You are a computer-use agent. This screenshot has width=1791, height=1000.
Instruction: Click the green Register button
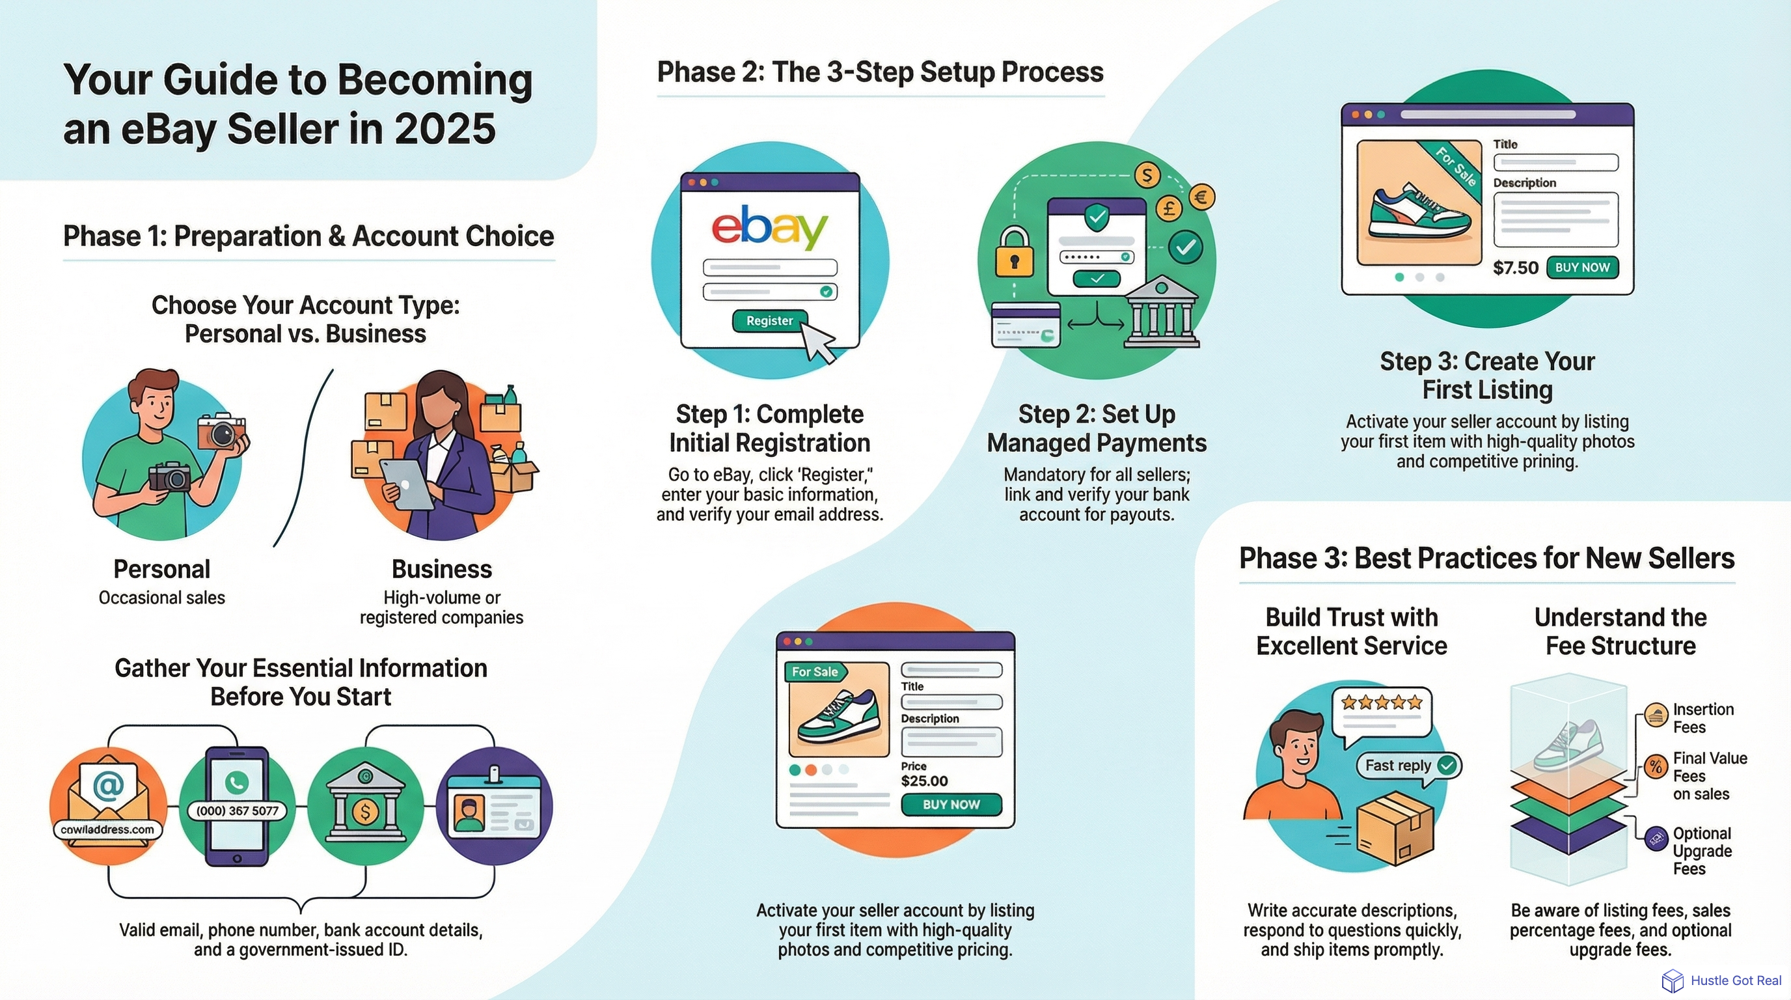click(x=769, y=320)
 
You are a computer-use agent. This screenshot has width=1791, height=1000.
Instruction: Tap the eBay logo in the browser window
click(x=770, y=227)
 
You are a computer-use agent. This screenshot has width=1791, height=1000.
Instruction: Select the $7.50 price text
click(x=1515, y=268)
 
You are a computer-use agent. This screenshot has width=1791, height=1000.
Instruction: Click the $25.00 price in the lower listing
click(x=924, y=781)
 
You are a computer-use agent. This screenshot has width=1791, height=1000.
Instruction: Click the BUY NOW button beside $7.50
click(x=1583, y=268)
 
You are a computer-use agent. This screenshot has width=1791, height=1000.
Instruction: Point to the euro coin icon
click(x=1201, y=197)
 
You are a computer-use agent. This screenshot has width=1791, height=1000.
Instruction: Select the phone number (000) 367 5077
click(x=237, y=811)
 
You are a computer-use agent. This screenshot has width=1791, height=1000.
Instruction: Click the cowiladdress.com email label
click(x=107, y=829)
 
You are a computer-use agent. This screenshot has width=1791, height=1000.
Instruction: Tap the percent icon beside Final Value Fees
click(x=1656, y=767)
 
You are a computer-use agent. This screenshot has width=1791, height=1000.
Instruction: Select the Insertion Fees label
click(x=1702, y=718)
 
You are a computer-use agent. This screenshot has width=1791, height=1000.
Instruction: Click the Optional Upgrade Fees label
click(x=1701, y=851)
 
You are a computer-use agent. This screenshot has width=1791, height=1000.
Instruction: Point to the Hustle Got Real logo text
click(x=1736, y=980)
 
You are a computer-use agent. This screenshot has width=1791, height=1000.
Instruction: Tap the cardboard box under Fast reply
click(x=1395, y=830)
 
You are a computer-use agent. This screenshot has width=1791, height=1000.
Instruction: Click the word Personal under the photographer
click(x=161, y=570)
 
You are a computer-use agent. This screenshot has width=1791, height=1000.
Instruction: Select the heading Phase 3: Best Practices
click(x=1486, y=559)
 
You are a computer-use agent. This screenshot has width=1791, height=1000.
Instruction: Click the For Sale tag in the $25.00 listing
click(x=814, y=672)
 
